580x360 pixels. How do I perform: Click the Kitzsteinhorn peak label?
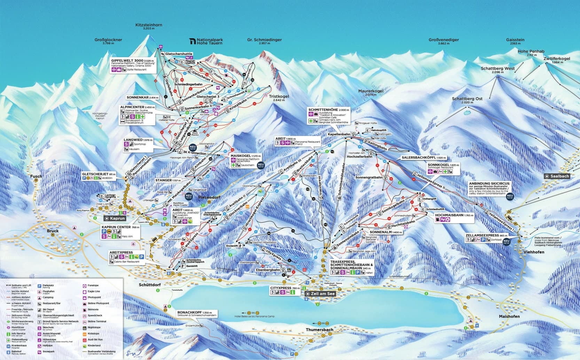click(149, 25)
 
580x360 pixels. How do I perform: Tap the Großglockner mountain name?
click(108, 40)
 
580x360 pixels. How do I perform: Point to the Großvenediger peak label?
click(444, 40)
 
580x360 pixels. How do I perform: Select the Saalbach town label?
click(559, 176)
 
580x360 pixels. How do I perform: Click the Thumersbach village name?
click(320, 329)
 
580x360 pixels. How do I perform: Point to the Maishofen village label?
click(509, 316)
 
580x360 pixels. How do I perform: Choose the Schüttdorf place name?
click(150, 285)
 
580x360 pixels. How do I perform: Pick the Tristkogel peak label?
click(279, 96)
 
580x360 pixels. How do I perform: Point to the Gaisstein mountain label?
click(515, 40)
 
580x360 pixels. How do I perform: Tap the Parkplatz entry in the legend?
click(48, 285)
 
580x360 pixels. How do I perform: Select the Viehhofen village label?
click(531, 252)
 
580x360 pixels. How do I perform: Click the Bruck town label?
click(53, 231)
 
